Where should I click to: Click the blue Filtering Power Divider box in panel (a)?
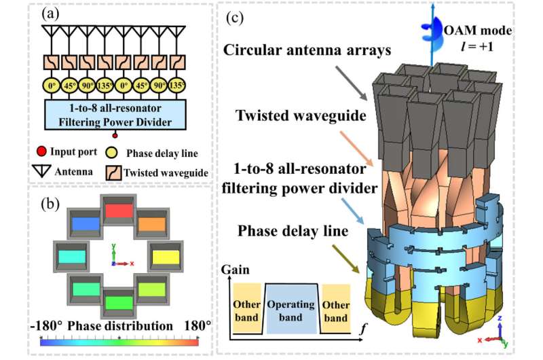[115, 117]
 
